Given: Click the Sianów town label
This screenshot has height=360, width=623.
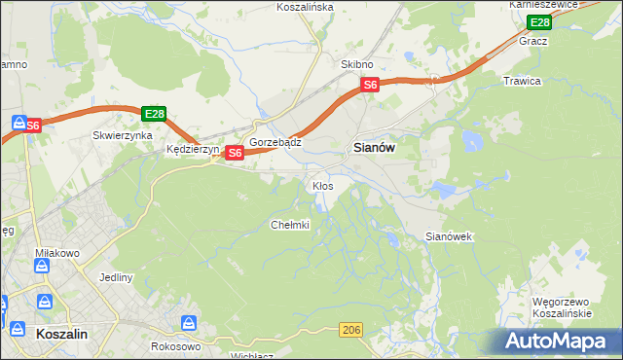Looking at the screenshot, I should click(371, 148).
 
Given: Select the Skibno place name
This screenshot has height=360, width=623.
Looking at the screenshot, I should click(357, 64).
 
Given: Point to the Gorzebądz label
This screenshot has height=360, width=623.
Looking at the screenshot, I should click(275, 142).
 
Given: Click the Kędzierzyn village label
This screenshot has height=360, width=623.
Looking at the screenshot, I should click(193, 151).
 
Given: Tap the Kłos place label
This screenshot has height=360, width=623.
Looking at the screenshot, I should click(322, 185).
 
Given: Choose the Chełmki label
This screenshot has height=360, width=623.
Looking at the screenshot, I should click(289, 225).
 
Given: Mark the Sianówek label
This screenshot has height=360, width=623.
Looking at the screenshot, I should click(449, 236).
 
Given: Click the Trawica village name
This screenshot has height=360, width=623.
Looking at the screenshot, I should click(522, 81).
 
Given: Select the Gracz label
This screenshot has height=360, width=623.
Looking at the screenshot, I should click(533, 42).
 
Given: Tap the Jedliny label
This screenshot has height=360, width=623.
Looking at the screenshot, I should click(116, 277).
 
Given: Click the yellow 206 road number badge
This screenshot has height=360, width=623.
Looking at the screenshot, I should click(351, 332).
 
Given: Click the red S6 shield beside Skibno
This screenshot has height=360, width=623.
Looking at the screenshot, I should click(370, 86).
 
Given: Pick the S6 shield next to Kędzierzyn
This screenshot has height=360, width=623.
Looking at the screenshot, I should click(235, 153).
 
